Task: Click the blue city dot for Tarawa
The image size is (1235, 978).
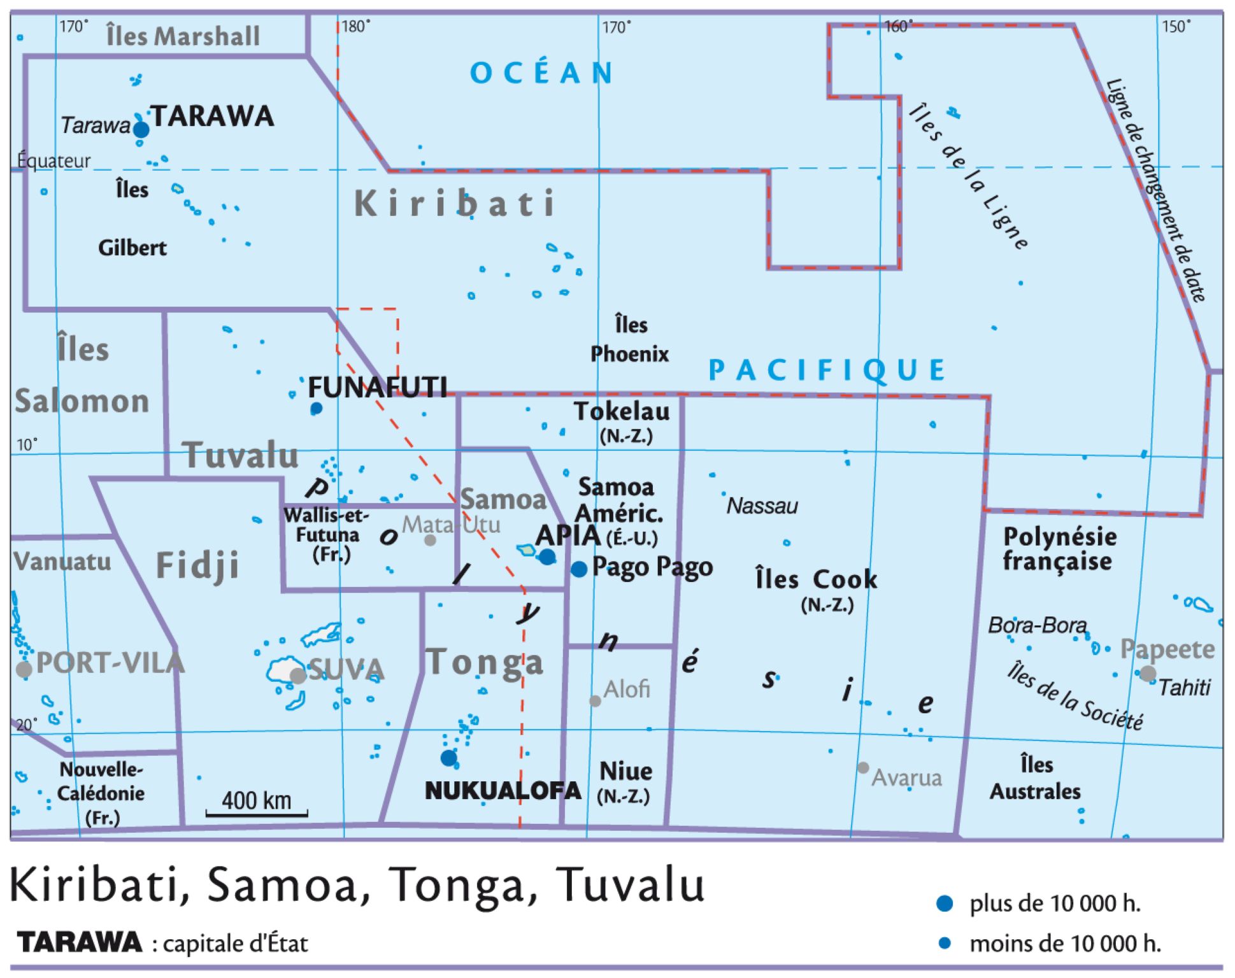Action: click(x=141, y=130)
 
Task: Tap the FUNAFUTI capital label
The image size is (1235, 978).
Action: click(x=377, y=387)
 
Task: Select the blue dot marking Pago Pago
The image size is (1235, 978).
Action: click(x=578, y=569)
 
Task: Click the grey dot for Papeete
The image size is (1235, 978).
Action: click(x=1148, y=674)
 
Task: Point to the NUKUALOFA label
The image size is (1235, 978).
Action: click(x=503, y=791)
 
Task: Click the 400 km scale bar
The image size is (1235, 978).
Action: click(x=257, y=812)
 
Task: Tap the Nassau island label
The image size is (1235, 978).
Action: click(x=762, y=506)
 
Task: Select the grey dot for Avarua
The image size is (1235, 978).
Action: click(x=863, y=768)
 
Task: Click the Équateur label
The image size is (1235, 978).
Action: click(x=54, y=161)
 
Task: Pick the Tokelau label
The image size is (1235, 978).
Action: click(x=622, y=412)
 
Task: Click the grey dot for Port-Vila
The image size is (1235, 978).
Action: click(x=24, y=670)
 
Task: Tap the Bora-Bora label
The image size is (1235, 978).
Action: click(x=1037, y=626)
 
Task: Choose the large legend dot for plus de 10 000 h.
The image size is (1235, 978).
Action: click(x=945, y=904)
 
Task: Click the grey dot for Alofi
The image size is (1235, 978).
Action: click(x=595, y=701)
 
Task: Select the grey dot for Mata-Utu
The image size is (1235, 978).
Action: click(x=430, y=541)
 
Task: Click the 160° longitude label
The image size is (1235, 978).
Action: click(x=898, y=27)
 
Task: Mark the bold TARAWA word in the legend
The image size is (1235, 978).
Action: click(x=80, y=942)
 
